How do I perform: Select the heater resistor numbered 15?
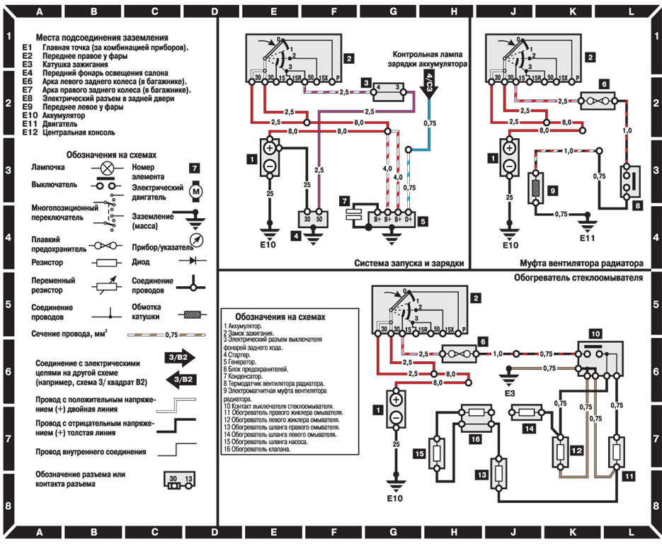tap(440, 454)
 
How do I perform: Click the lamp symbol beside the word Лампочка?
tap(107, 169)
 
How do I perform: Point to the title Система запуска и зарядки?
tap(409, 262)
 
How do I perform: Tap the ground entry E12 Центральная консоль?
tap(78, 132)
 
